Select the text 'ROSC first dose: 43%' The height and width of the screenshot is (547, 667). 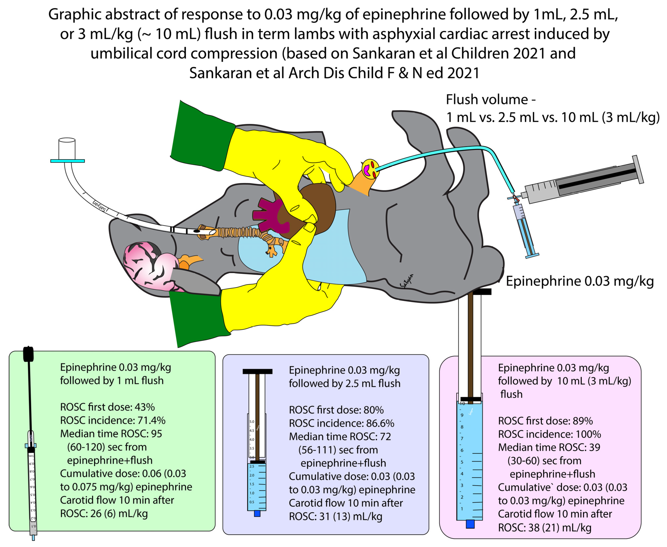pyautogui.click(x=107, y=407)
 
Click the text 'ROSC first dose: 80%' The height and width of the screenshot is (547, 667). pyautogui.click(x=336, y=410)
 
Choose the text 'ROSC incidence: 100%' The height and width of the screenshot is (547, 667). pyautogui.click(x=549, y=434)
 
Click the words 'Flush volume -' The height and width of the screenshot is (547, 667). pyautogui.click(x=491, y=100)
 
